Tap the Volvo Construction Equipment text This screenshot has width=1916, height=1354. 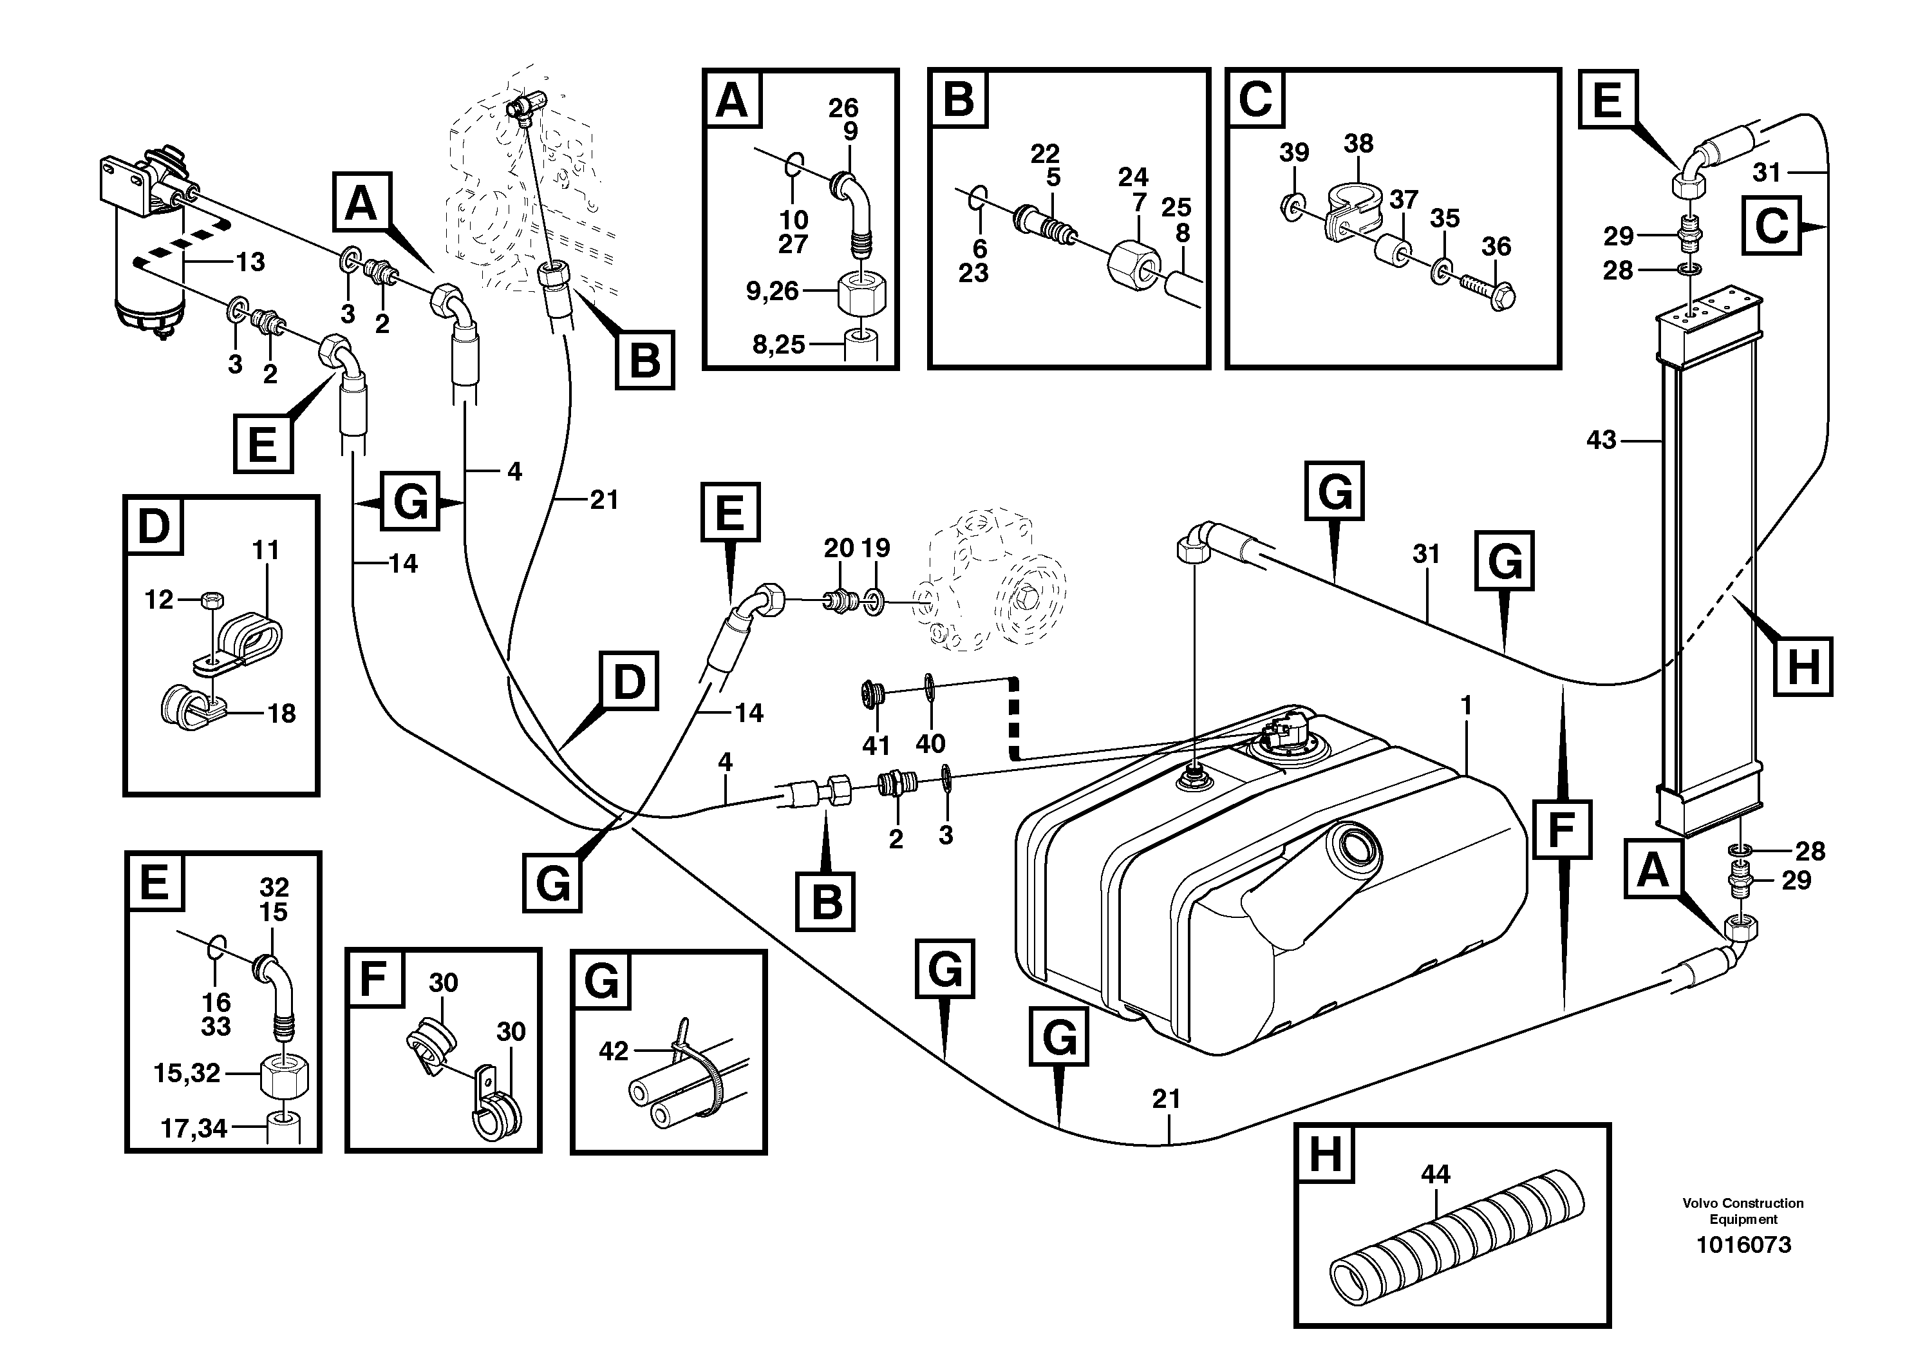click(1743, 1210)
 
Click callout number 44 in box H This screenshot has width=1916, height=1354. click(1435, 1174)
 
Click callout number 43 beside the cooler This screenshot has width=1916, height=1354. click(1601, 440)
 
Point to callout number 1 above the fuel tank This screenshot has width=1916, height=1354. click(1465, 705)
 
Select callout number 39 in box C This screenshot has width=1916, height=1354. click(1294, 153)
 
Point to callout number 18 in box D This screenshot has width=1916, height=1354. click(281, 713)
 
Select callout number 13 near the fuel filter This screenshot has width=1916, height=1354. click(250, 262)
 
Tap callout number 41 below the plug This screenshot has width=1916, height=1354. click(876, 745)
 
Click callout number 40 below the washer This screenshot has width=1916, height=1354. click(930, 743)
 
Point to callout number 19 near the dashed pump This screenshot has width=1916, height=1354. click(876, 548)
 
